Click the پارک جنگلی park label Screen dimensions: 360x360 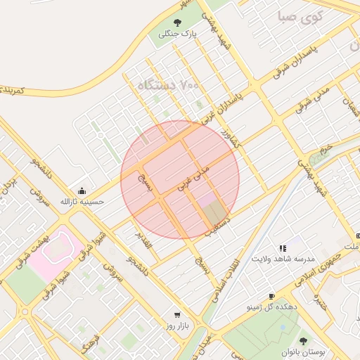[x=176, y=33]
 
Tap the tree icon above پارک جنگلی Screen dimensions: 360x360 [x=176, y=22]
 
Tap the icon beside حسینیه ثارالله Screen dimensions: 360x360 [x=82, y=191]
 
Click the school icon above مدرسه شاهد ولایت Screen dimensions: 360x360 [x=283, y=248]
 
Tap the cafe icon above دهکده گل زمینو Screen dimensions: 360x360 [x=272, y=297]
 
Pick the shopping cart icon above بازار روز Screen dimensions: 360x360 [x=177, y=315]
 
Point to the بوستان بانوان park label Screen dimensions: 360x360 [x=304, y=351]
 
